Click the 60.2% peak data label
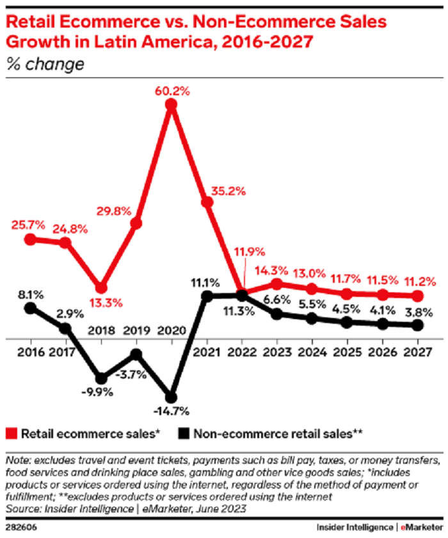point(172,91)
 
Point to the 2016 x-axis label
point(29,351)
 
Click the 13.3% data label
point(102,303)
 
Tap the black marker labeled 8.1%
point(29,308)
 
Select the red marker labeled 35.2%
point(207,202)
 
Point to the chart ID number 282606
point(21,527)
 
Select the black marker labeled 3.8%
point(419,326)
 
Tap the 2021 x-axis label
point(207,351)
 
